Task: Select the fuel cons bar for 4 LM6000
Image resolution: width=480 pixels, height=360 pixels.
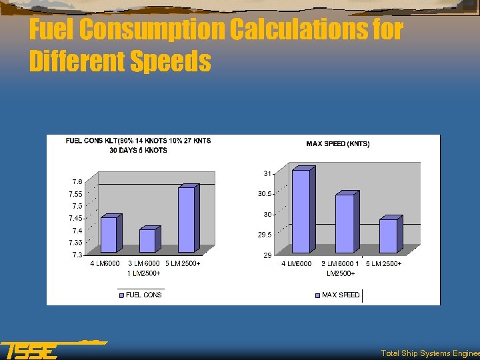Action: coord(109,235)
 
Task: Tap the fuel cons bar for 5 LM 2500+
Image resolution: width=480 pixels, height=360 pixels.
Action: coord(187,219)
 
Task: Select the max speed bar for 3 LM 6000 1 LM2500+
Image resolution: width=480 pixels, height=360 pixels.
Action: coord(345,223)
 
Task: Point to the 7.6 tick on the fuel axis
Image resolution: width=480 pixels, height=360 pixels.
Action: coord(77,181)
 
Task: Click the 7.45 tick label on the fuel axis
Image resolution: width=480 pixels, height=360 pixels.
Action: coord(75,218)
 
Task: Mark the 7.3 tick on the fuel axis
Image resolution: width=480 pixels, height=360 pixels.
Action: coord(77,255)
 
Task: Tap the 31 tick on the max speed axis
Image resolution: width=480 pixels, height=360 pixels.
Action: coord(267,173)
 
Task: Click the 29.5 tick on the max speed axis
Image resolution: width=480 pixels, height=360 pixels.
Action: coord(265,235)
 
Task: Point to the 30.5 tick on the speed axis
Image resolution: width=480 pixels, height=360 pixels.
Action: coord(265,194)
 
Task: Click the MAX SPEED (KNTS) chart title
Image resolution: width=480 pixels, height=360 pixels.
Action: coord(337,143)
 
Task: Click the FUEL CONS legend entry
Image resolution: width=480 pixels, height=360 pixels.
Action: coord(143,295)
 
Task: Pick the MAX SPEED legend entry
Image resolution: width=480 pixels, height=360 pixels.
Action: coord(340,295)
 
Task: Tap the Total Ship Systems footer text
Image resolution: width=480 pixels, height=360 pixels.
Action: coord(429,353)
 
